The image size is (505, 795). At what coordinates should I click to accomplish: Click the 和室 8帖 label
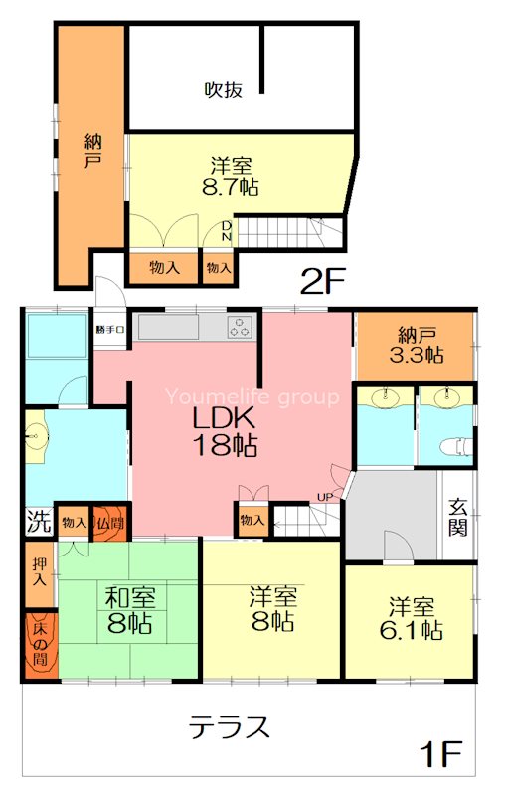click(131, 613)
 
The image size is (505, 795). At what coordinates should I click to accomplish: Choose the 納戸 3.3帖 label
click(415, 344)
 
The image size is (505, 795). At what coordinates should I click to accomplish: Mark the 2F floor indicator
click(321, 283)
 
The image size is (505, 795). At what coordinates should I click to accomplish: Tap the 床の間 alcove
click(41, 647)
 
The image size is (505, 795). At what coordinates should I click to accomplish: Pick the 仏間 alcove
click(107, 522)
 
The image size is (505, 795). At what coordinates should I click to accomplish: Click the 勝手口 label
click(110, 329)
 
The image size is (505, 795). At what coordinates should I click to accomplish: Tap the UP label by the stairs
click(324, 497)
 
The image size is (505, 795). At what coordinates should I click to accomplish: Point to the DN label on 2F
click(227, 232)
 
